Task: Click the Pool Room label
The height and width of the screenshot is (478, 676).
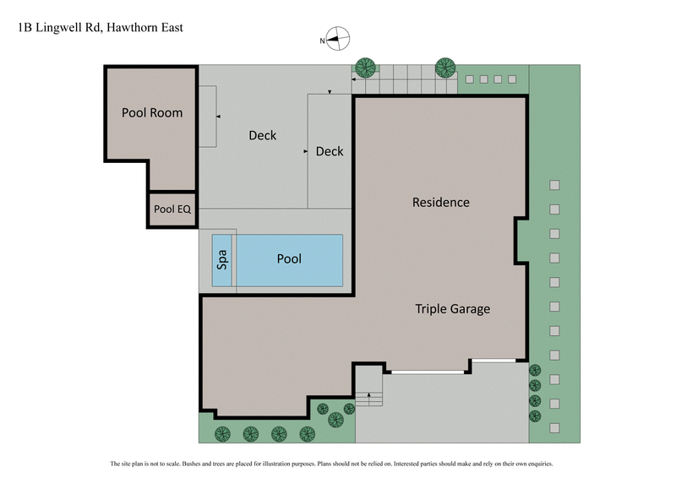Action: [x=152, y=112]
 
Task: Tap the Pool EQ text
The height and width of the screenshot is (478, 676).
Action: [x=172, y=209]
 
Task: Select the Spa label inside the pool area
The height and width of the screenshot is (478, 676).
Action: [x=223, y=259]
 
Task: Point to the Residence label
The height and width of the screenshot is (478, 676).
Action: [x=440, y=202]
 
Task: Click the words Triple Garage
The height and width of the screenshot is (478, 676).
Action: [x=452, y=308]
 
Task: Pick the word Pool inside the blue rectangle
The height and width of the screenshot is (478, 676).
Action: [x=289, y=259]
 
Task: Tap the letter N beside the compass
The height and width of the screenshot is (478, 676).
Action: [x=322, y=40]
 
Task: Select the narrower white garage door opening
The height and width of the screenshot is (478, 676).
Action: [x=493, y=361]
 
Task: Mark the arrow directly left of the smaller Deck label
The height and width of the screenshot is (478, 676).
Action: [x=305, y=151]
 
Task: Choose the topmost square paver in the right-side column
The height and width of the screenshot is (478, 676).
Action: [x=555, y=185]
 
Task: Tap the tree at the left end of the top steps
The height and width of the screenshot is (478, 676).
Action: [x=365, y=68]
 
